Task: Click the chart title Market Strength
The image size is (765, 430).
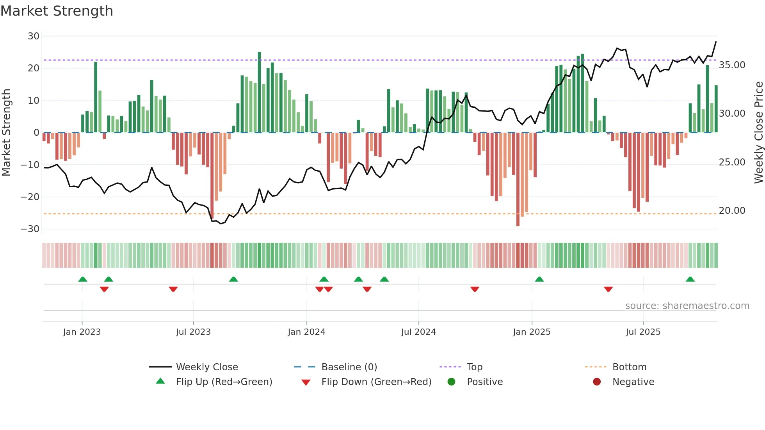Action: click(57, 11)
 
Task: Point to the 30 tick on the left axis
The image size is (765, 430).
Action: click(34, 36)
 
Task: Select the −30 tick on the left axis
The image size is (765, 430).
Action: click(30, 229)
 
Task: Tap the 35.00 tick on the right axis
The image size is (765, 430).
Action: click(732, 65)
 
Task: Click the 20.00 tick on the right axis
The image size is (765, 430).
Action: click(732, 211)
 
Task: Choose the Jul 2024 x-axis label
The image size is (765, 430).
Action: click(418, 332)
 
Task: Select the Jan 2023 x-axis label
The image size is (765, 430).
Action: click(82, 332)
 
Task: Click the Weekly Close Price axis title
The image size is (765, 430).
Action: click(758, 133)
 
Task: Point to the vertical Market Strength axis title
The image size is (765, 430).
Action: click(6, 133)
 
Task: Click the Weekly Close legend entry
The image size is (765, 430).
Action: click(206, 367)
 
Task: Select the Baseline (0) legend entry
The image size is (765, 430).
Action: click(349, 367)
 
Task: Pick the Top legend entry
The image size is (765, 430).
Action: click(474, 367)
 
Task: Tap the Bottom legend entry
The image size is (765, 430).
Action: click(629, 367)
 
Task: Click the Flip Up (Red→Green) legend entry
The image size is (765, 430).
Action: click(224, 382)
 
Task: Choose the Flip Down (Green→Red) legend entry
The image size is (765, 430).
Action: click(376, 382)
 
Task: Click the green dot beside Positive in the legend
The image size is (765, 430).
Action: click(452, 382)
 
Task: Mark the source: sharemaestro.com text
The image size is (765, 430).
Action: click(687, 306)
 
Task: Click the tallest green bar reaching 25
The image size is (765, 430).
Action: click(259, 92)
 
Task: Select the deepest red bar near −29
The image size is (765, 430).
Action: click(518, 179)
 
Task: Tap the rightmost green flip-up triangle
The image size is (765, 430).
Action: click(690, 279)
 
